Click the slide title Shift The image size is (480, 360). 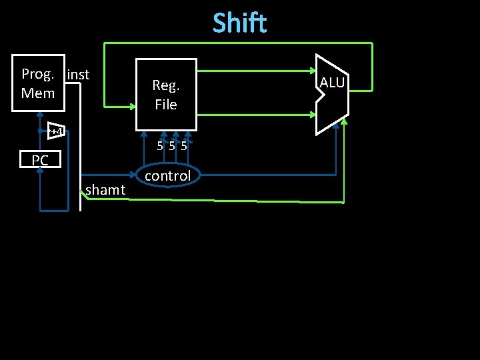[240, 23]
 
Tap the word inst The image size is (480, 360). [78, 75]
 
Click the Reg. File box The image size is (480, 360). [166, 94]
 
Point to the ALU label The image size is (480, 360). [332, 83]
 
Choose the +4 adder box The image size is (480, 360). [57, 131]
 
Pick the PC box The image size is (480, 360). [40, 160]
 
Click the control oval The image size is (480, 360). [167, 176]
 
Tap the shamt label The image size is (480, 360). [105, 191]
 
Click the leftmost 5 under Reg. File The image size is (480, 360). [160, 146]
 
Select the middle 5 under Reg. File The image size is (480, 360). [172, 146]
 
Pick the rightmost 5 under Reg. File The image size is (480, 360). [183, 146]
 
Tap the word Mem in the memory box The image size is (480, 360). [38, 93]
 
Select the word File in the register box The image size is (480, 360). [166, 105]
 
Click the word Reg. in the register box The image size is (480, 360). [166, 85]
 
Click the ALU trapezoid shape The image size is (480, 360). [331, 95]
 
